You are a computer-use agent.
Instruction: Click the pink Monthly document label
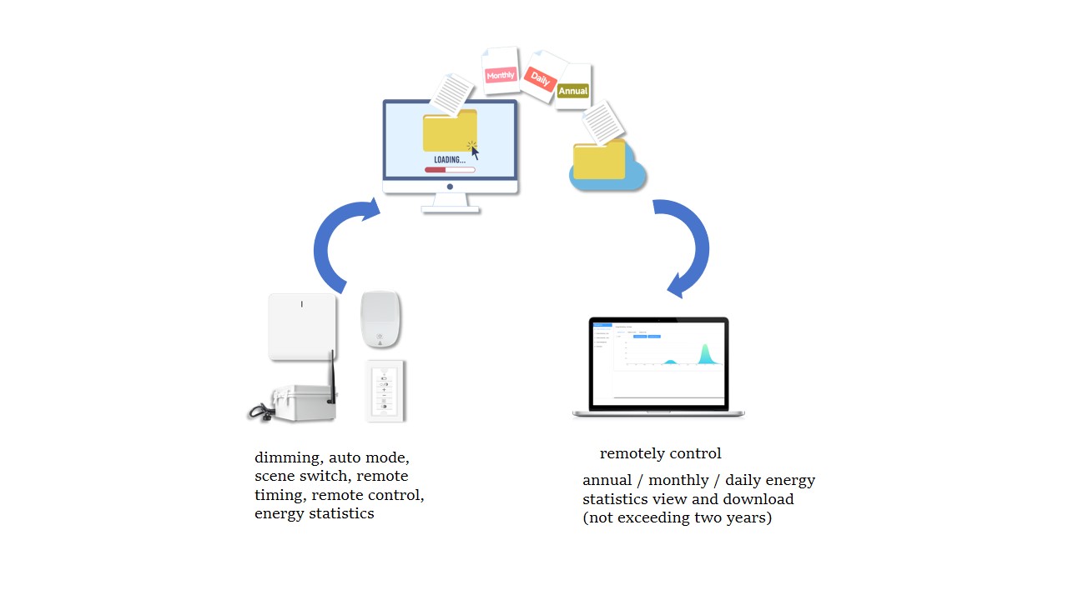tap(501, 75)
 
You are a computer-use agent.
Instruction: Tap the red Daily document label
tap(540, 80)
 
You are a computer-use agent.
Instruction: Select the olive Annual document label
tap(573, 90)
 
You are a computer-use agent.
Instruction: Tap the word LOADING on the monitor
tap(449, 159)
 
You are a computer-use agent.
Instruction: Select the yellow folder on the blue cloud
tap(598, 160)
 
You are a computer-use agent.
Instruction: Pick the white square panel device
tap(302, 327)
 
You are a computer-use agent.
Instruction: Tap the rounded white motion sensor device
tap(380, 319)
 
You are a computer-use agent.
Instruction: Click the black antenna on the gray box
tap(331, 376)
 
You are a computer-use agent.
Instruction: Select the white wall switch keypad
tap(385, 392)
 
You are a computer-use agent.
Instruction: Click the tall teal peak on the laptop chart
tap(705, 354)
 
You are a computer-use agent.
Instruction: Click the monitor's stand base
tap(451, 208)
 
